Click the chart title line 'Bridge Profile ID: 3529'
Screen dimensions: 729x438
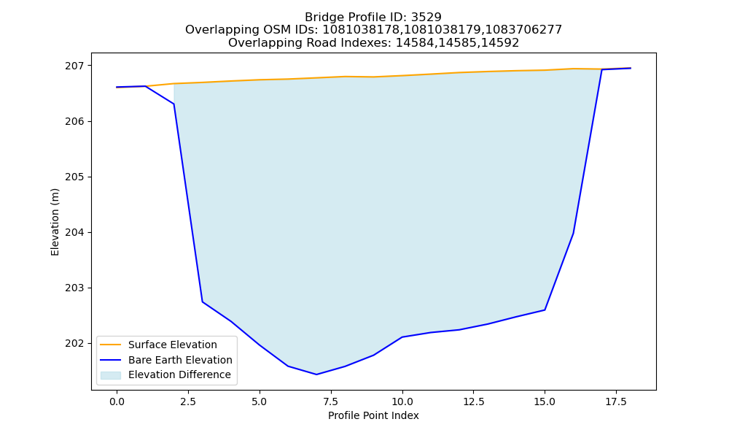[373, 18]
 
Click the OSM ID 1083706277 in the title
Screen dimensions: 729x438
[523, 30]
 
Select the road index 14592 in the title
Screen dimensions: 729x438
[500, 43]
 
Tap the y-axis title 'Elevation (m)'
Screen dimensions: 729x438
[55, 222]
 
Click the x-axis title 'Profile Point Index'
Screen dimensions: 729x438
[373, 415]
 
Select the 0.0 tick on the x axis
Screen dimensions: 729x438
[117, 401]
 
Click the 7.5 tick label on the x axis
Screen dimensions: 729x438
[330, 401]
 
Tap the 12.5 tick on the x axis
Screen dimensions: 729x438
[473, 401]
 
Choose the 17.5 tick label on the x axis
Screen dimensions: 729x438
[616, 401]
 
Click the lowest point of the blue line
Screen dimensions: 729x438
[316, 374]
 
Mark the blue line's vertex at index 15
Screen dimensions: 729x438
[545, 310]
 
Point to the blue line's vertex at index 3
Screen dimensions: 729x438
[202, 301]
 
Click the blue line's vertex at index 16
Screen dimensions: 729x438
[573, 233]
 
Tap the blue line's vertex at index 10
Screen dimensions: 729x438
[402, 337]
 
